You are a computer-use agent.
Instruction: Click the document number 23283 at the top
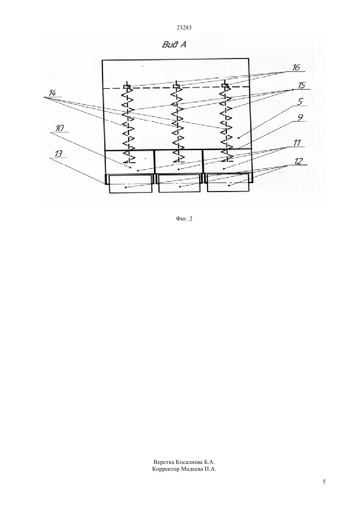tap(184, 28)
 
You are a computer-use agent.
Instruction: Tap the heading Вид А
tap(174, 45)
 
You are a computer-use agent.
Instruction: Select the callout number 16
tap(296, 67)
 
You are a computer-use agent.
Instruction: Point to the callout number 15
tap(301, 85)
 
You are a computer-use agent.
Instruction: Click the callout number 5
tap(300, 102)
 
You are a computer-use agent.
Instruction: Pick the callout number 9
tap(300, 118)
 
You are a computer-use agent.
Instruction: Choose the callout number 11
tap(297, 143)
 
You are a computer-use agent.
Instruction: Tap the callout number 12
tap(298, 161)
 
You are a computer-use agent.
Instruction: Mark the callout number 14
tap(52, 93)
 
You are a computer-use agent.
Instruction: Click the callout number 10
tap(60, 128)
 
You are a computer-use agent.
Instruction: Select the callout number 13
tap(58, 154)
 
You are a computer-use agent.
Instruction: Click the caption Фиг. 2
tap(184, 219)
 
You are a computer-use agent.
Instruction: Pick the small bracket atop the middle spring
tap(176, 86)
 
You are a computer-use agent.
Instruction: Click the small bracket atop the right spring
tap(225, 85)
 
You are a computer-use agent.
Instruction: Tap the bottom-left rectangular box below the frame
tap(131, 184)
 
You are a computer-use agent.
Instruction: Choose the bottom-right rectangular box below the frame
tap(228, 183)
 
